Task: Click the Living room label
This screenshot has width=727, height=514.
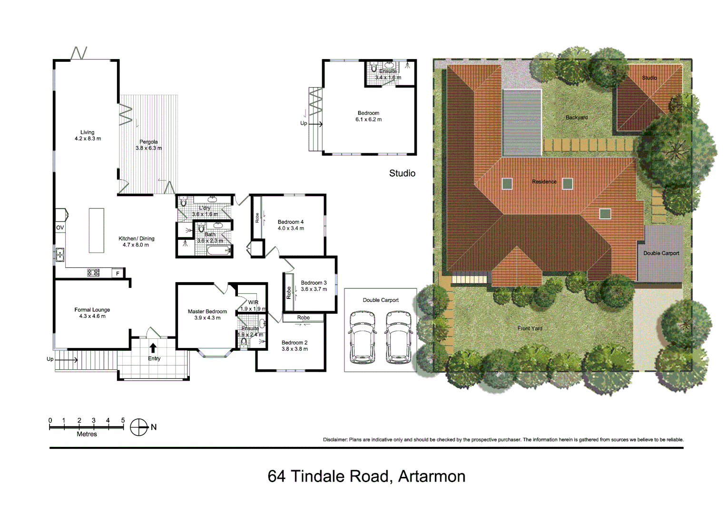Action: tap(88, 136)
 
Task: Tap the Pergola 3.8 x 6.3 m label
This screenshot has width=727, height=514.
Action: tap(148, 145)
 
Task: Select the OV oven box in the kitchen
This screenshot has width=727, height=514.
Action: tap(60, 227)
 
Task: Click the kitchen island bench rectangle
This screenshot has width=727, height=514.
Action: tap(97, 230)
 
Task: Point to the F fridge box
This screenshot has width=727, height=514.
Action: tap(118, 273)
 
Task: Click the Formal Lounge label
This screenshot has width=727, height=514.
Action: tap(92, 313)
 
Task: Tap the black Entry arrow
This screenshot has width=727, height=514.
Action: tap(153, 348)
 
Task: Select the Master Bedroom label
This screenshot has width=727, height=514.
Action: tap(207, 315)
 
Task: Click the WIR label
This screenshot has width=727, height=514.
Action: tap(253, 303)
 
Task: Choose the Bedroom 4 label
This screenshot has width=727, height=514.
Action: tap(291, 225)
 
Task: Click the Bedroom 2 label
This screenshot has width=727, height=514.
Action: tap(295, 346)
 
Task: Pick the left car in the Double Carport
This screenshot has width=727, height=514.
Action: tap(362, 336)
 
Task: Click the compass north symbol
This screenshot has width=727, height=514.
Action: tap(139, 427)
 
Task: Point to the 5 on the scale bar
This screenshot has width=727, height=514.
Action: tap(123, 420)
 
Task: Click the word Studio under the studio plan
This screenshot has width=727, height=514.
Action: tap(402, 173)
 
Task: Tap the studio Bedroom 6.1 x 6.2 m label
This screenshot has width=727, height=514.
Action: tap(368, 116)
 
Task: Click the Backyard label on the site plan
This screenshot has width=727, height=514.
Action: tap(576, 118)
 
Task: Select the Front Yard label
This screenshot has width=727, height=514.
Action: tap(530, 328)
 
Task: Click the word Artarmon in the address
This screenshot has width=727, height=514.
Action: tap(432, 476)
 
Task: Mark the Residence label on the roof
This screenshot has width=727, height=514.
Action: tap(544, 182)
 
